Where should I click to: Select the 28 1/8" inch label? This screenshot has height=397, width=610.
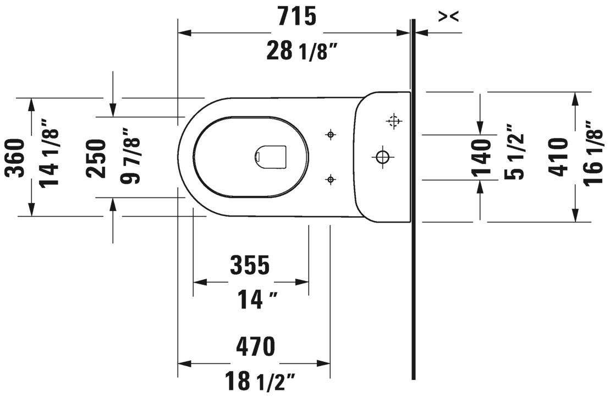click(300, 52)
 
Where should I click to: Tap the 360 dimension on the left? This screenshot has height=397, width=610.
click(15, 158)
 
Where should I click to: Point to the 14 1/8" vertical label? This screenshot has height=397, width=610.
click(51, 157)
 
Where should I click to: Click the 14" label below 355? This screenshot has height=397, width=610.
click(256, 300)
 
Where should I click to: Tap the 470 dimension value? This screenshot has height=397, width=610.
click(255, 347)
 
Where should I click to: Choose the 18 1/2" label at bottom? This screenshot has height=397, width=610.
click(260, 381)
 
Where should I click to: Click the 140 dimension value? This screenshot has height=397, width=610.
click(482, 158)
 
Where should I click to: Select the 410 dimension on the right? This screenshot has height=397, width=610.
click(559, 158)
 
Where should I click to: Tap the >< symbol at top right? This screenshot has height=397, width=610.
click(448, 17)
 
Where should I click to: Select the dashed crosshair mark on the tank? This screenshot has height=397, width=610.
click(393, 121)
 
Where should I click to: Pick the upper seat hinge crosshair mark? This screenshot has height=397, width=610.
click(330, 135)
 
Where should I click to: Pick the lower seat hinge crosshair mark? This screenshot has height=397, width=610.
click(330, 179)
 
